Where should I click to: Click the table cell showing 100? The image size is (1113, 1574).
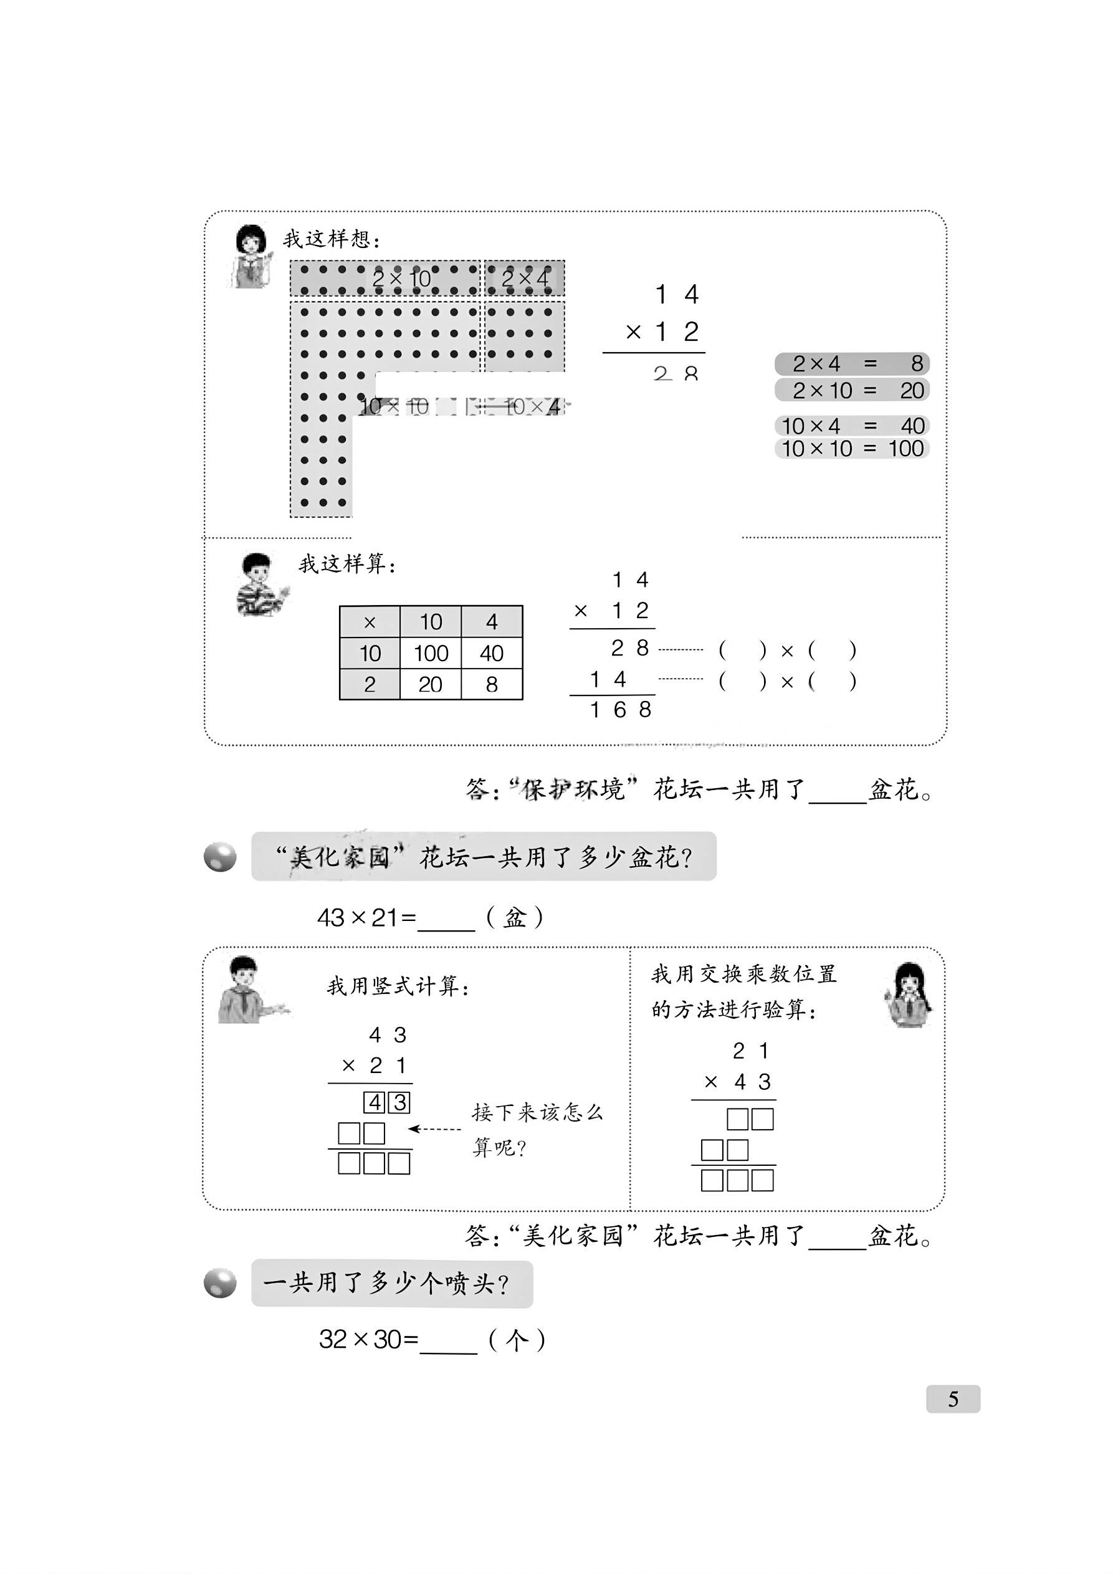(431, 652)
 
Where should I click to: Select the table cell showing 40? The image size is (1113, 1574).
(492, 652)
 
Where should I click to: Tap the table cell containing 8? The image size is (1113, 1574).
(492, 684)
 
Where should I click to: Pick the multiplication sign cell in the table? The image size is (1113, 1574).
(370, 622)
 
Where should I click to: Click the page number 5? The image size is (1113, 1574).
(952, 1398)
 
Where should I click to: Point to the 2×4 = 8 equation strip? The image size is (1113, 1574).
(852, 363)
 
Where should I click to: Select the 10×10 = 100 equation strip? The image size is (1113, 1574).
(852, 449)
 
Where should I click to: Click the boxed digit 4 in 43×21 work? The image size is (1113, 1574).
(375, 1102)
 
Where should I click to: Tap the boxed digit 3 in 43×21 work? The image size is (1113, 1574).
(400, 1102)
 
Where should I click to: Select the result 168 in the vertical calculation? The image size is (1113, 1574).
(620, 710)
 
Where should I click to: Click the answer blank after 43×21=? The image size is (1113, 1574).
(446, 918)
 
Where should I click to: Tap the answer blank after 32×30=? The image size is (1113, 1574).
(448, 1341)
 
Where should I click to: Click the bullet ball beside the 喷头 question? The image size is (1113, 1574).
(220, 1284)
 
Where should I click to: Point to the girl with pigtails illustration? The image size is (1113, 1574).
(908, 994)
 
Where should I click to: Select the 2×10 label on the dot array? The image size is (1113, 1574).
(401, 279)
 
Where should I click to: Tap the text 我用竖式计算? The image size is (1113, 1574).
(398, 986)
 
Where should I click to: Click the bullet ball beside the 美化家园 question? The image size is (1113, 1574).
(220, 857)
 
